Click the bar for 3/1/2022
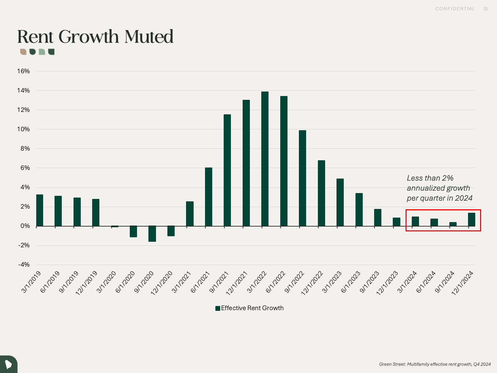[265, 159]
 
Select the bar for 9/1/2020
[152, 234]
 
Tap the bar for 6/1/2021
[208, 197]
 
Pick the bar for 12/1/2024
[471, 220]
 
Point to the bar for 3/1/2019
[40, 210]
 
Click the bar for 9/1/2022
[302, 178]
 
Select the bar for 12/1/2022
[321, 193]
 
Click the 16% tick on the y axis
[23, 71]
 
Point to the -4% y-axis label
[23, 265]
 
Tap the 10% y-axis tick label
[23, 129]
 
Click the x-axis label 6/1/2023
[351, 283]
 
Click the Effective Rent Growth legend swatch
[218, 308]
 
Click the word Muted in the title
[149, 37]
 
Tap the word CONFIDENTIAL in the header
[455, 9]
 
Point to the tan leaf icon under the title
[23, 52]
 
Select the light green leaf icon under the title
[42, 52]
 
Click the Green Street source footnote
[435, 364]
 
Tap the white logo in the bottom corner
[8, 364]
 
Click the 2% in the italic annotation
[448, 178]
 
